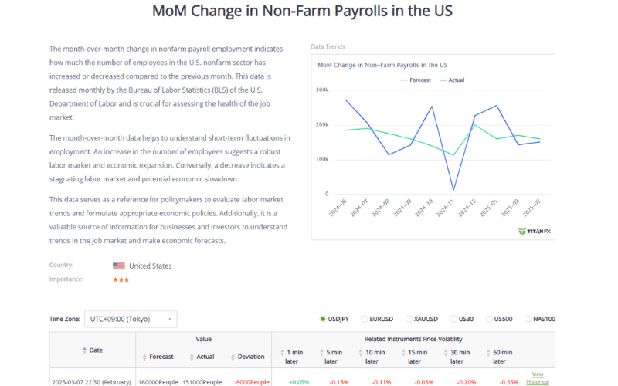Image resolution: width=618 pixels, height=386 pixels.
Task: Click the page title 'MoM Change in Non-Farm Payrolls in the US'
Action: [302, 12]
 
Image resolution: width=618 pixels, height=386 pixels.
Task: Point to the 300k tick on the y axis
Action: [322, 90]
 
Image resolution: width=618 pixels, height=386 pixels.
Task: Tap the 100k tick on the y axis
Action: [322, 159]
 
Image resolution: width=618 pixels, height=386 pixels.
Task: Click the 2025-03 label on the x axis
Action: [530, 209]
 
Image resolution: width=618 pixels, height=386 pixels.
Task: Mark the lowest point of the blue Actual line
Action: [453, 189]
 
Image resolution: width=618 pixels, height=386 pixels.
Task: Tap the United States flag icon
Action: [119, 266]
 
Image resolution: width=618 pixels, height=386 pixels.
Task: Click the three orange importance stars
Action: [121, 279]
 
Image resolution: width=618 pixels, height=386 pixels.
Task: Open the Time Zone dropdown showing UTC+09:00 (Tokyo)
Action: [131, 319]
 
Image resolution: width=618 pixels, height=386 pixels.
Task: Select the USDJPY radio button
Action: [323, 319]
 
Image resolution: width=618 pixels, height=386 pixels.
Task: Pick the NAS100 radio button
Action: [528, 319]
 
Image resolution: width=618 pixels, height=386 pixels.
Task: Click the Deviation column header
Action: [251, 357]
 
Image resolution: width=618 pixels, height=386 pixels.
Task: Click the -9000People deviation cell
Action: [252, 382]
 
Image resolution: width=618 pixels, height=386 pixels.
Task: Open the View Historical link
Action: [538, 378]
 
